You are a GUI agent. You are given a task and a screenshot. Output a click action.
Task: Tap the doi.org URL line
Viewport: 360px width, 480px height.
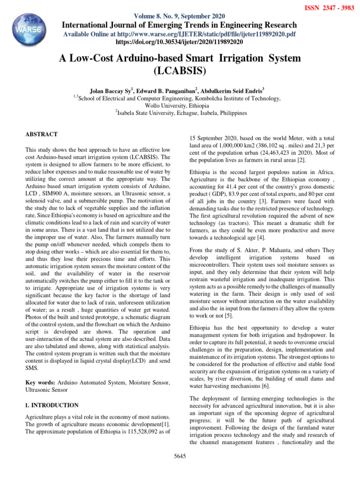(180, 42)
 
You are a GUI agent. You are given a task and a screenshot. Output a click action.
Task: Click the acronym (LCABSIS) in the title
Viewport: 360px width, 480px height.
(180, 72)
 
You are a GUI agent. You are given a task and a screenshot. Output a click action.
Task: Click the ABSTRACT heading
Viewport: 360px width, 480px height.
(42, 134)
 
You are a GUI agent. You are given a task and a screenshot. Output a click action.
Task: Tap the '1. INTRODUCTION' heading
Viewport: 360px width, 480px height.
(52, 405)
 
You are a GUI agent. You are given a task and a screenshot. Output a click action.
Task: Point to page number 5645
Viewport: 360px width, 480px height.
(180, 457)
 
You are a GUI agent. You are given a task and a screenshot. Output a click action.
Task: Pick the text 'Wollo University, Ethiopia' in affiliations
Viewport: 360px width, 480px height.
(180, 105)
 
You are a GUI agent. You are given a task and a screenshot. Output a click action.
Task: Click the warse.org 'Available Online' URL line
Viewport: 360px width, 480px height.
(180, 35)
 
